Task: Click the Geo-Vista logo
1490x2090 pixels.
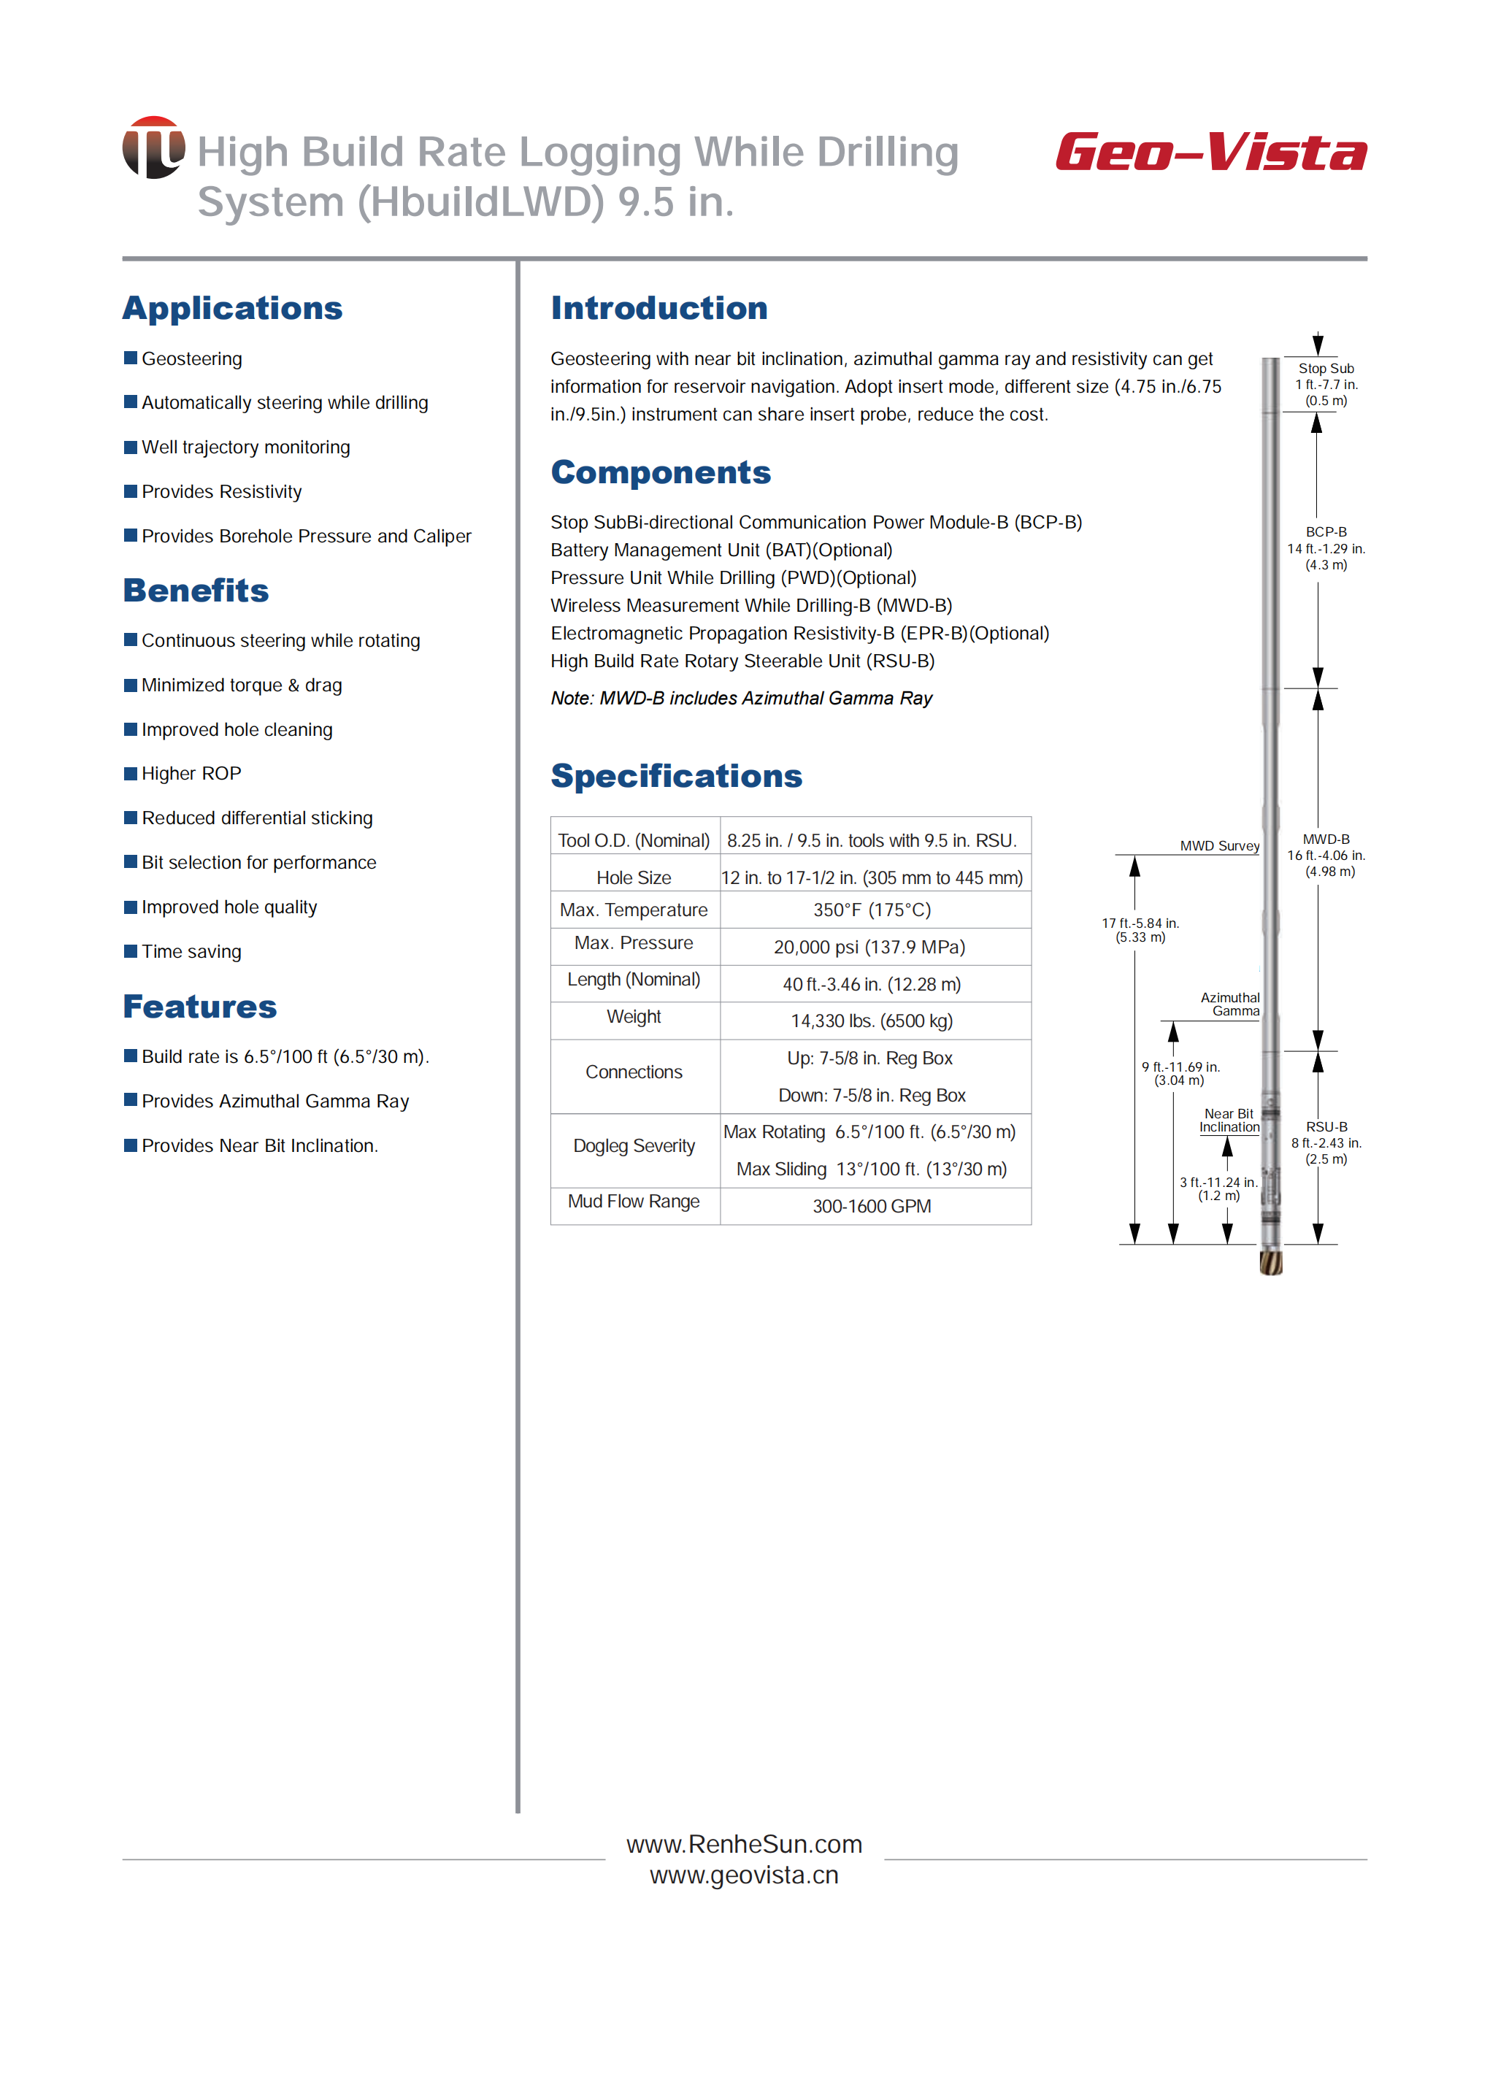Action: point(1210,153)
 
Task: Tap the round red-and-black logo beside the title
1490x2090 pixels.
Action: point(153,147)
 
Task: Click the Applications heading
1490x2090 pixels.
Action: point(232,308)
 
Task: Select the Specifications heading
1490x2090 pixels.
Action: point(676,776)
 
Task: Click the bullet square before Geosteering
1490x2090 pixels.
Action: point(130,358)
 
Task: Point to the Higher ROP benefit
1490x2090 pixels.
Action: point(191,773)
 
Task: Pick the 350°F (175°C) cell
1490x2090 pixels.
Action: point(872,910)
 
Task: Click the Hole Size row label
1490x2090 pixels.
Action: point(633,878)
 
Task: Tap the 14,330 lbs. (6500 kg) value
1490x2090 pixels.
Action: point(872,1021)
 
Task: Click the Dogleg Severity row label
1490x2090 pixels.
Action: point(634,1146)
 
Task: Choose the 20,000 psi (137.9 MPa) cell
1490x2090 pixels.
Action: point(869,947)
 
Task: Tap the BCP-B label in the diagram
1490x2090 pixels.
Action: point(1326,532)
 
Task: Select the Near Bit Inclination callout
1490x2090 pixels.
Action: point(1229,1121)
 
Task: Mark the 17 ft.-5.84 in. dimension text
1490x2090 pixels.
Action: point(1140,930)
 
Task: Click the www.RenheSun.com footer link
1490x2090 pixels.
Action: point(744,1844)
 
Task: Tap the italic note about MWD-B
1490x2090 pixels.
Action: point(741,698)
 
